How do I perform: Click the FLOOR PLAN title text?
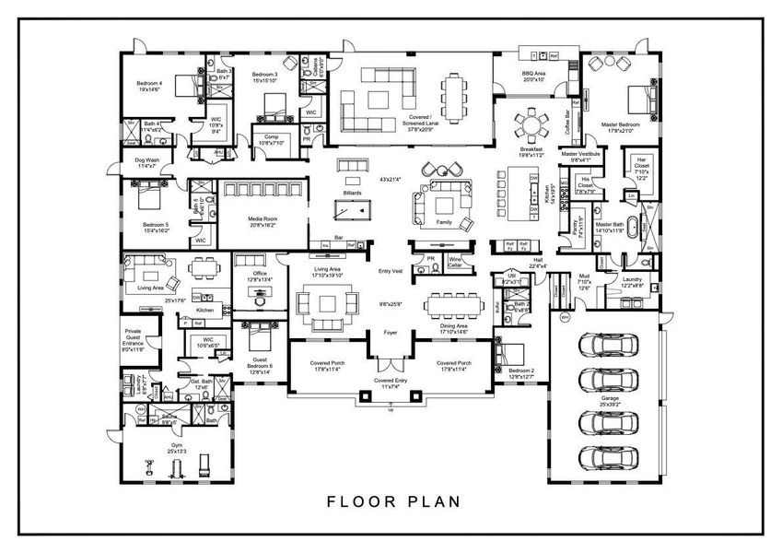[392, 502]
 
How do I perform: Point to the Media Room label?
[263, 222]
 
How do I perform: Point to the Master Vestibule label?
[586, 157]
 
